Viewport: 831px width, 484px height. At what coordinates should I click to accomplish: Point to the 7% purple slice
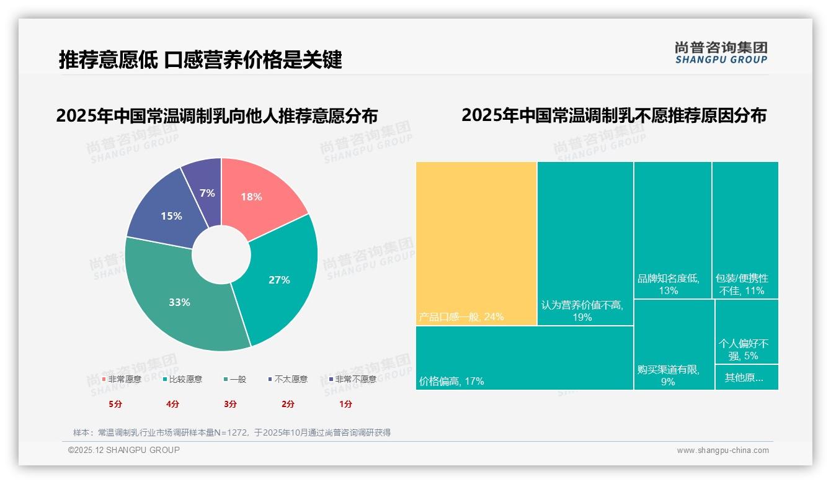(x=207, y=193)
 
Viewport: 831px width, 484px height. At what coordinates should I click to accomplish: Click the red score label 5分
(x=116, y=404)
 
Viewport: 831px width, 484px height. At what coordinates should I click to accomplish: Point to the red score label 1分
(x=345, y=404)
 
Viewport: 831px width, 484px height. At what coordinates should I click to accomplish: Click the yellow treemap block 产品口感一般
(x=476, y=242)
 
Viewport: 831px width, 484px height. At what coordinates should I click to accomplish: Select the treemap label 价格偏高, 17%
(x=451, y=381)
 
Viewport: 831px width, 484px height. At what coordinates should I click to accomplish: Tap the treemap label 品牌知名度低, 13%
(x=669, y=284)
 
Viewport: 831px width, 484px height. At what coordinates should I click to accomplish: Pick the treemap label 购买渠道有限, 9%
(x=669, y=375)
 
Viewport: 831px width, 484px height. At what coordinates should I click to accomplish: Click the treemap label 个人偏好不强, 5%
(x=744, y=349)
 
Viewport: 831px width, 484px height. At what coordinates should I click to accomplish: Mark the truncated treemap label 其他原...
(x=744, y=377)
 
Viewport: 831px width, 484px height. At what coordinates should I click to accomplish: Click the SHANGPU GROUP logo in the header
(x=721, y=53)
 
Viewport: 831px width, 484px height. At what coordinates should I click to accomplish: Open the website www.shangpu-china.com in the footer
(x=722, y=450)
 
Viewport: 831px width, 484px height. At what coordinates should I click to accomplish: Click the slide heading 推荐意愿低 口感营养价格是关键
(x=200, y=60)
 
